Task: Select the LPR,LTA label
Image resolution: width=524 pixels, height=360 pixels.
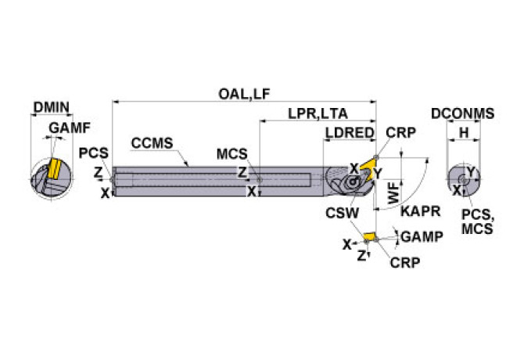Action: click(317, 113)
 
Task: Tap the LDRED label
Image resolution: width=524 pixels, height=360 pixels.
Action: click(349, 133)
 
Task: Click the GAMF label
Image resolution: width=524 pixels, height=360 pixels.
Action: click(70, 128)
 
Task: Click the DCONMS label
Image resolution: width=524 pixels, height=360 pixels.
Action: click(462, 113)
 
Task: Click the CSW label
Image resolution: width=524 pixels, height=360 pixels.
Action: click(343, 211)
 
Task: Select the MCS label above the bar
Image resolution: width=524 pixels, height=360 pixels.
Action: click(231, 153)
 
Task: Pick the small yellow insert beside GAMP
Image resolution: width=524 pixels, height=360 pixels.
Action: click(369, 236)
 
